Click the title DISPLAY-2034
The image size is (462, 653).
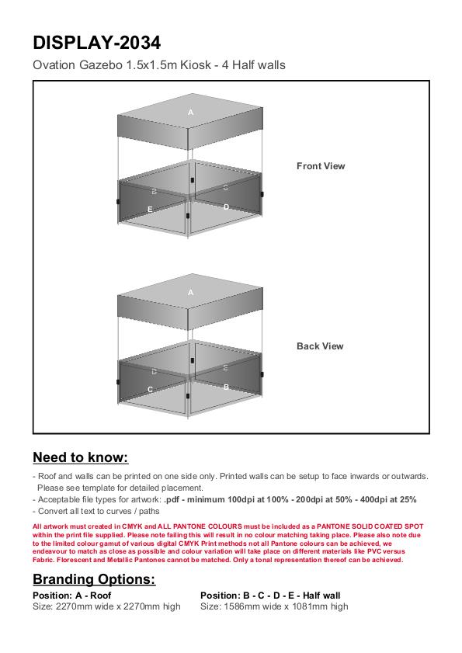click(96, 43)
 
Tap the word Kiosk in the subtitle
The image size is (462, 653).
click(195, 65)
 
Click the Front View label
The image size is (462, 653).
click(321, 165)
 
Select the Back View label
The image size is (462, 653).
click(320, 346)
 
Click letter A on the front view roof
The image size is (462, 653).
click(191, 112)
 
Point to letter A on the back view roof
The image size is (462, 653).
click(191, 293)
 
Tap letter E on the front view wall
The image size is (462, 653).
click(150, 209)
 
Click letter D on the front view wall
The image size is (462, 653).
click(226, 207)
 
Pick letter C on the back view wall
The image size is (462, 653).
click(151, 389)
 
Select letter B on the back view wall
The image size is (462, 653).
click(226, 387)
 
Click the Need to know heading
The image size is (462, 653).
click(81, 457)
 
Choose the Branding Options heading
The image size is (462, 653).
click(94, 579)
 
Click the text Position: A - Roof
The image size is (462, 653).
click(71, 595)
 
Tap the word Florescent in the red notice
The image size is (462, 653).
click(74, 560)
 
